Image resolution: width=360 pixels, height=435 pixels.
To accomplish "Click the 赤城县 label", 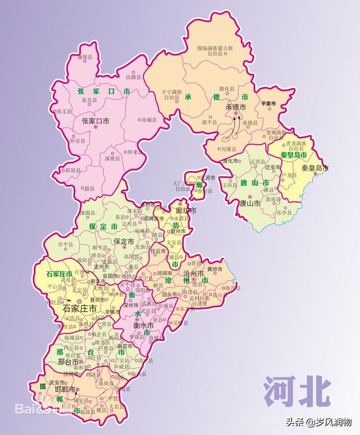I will pyautogui.click(x=150, y=119).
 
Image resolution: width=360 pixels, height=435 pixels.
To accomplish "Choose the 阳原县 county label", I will pyautogui.click(x=74, y=169).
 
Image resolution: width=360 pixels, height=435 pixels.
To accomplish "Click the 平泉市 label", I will pyautogui.click(x=268, y=105).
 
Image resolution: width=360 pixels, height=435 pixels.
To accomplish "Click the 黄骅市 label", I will pyautogui.click(x=214, y=270).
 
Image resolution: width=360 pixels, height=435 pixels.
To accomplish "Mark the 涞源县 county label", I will pyautogui.click(x=88, y=213).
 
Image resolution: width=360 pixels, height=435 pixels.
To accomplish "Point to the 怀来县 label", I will pyautogui.click(x=133, y=152).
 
